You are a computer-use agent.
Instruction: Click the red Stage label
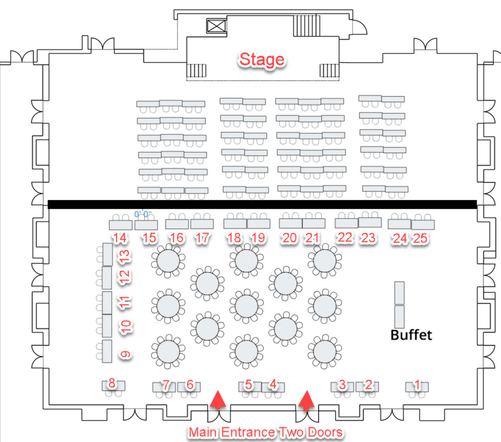click(x=262, y=60)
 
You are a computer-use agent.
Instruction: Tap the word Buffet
click(x=411, y=335)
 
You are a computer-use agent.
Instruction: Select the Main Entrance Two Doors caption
click(x=265, y=432)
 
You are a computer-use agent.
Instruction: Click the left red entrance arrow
click(x=217, y=399)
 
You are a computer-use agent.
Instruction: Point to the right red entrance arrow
click(x=307, y=399)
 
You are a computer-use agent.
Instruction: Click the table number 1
click(x=417, y=384)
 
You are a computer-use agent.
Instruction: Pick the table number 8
click(x=112, y=383)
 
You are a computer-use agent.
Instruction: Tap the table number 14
click(x=119, y=238)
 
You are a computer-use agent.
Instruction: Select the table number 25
click(x=420, y=239)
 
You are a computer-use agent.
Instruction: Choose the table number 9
click(x=125, y=354)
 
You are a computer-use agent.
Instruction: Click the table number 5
click(x=249, y=384)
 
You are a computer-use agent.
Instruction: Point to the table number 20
click(x=289, y=238)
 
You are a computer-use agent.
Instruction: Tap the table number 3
click(x=342, y=384)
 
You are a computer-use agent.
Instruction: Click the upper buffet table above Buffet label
click(x=400, y=293)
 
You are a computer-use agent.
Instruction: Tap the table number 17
click(x=201, y=238)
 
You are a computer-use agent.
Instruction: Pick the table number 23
click(x=368, y=238)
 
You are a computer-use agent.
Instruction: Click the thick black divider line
click(x=262, y=204)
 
